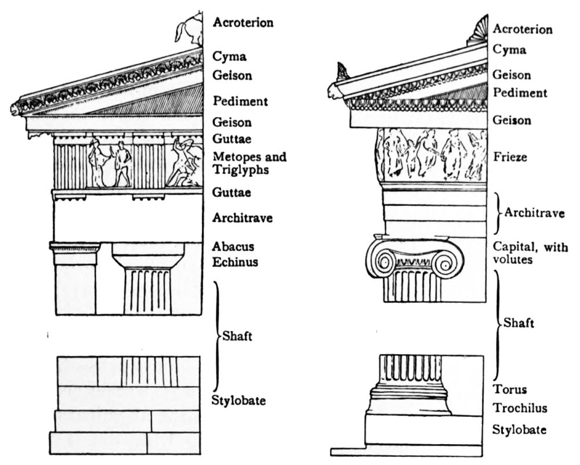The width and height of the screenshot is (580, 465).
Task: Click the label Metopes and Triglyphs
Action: pos(249,163)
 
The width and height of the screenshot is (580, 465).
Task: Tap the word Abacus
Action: pos(233,246)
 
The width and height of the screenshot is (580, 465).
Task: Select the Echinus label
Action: pos(235,262)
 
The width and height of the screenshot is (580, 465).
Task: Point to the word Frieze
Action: pos(510,157)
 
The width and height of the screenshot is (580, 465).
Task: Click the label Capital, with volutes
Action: pos(531,253)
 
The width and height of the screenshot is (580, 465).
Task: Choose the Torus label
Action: pos(506,390)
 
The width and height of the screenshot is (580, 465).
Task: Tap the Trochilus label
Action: pos(520,408)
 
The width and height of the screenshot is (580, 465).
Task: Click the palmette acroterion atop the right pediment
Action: pos(477,30)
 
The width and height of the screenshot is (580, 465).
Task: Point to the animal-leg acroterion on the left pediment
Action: pos(189,31)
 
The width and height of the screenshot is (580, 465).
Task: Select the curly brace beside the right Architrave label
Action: pos(497,213)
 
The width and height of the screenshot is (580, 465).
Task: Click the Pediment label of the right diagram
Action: pos(520,92)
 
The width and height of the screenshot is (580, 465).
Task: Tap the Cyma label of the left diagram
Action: pos(229,57)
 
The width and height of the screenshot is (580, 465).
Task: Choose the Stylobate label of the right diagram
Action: pos(519,430)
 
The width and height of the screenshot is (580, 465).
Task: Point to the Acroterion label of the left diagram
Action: pos(243,23)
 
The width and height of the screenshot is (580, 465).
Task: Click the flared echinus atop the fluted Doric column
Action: pos(147,260)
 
